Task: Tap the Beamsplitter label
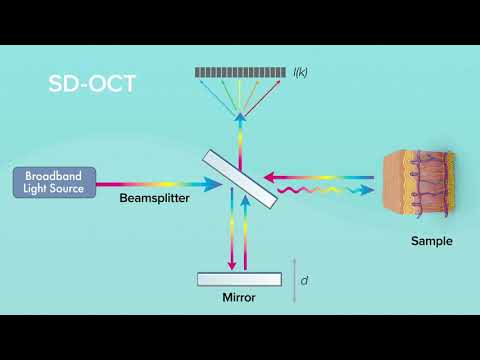155,200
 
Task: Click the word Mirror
240,298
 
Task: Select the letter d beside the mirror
304,281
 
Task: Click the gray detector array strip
239,72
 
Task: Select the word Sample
431,242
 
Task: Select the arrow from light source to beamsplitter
160,184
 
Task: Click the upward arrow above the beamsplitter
239,130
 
